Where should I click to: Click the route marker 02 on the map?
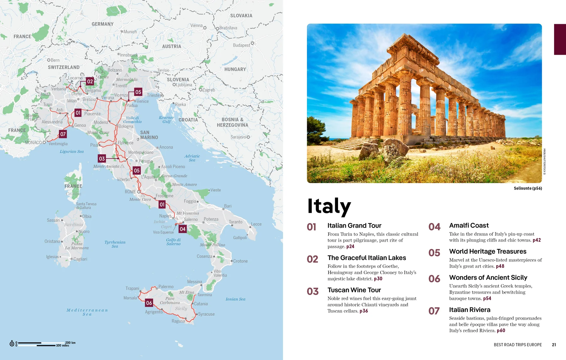coord(90,81)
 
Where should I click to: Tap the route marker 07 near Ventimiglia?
coord(63,134)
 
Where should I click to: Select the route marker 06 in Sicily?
coord(149,303)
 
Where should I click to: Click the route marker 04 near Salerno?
coord(182,229)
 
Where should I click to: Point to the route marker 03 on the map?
coord(102,158)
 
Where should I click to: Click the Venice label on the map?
coord(142,101)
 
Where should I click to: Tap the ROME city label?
coord(130,192)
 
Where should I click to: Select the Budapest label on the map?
coord(241,45)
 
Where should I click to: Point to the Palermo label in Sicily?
coord(166,287)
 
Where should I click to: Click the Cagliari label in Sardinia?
coord(80,259)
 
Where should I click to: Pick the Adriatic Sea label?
coord(192,158)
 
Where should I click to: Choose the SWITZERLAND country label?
coord(64,67)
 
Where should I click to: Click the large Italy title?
coord(329,206)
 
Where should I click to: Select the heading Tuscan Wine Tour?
coord(354,290)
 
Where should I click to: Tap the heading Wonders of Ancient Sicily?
coord(488,277)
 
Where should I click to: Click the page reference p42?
coord(536,240)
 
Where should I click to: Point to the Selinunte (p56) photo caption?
coord(528,188)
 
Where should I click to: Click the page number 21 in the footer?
coord(554,345)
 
